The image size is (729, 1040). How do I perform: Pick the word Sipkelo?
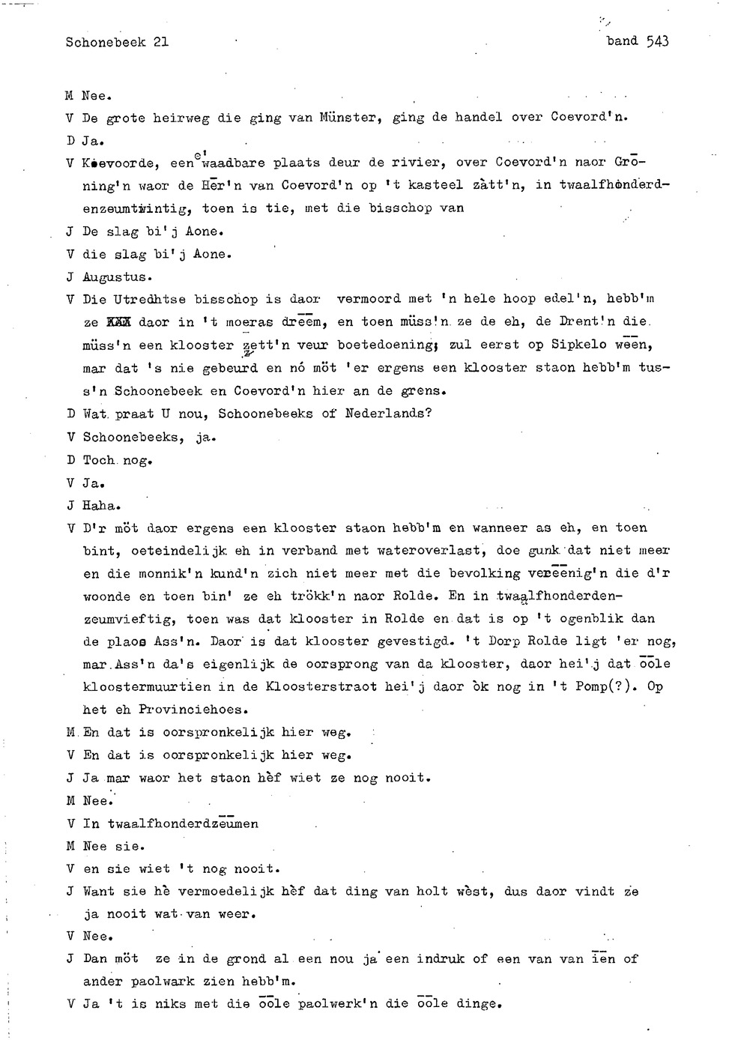coord(578,345)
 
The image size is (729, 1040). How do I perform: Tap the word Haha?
coord(101,506)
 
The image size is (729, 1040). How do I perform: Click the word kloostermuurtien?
coord(147,686)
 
